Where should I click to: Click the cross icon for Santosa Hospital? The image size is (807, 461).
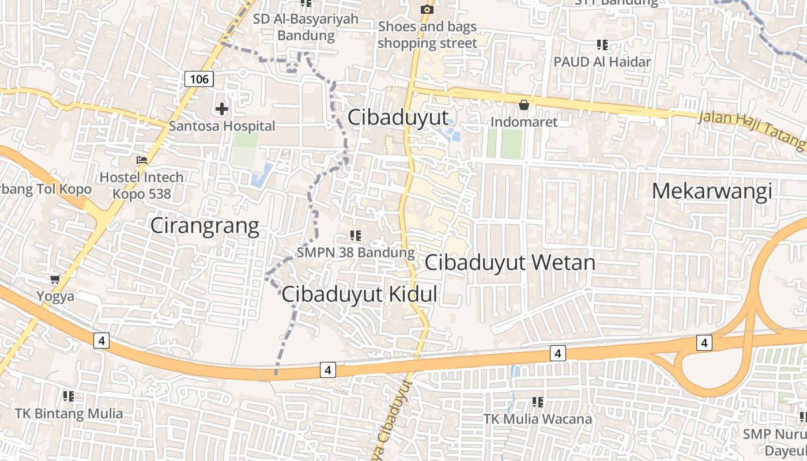(222, 108)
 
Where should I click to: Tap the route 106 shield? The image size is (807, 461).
(199, 78)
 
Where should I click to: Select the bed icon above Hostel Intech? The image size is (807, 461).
(142, 160)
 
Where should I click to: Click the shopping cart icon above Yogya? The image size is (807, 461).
(55, 279)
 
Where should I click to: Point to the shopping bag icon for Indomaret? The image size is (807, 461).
(524, 105)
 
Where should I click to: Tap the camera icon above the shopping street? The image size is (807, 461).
(427, 9)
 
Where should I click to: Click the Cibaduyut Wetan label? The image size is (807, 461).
(510, 263)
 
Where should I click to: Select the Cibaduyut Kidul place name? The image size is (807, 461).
(359, 294)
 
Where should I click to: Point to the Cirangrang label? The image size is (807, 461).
(205, 226)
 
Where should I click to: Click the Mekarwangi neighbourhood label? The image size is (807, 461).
(711, 191)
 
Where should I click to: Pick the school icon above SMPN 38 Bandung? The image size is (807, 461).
(356, 235)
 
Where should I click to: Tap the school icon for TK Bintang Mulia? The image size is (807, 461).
(69, 396)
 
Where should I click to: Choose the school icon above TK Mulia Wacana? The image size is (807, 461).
(538, 402)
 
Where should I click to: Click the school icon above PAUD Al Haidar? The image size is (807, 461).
(602, 44)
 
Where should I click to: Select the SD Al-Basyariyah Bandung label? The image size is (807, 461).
(306, 27)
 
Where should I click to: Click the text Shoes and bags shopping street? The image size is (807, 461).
(427, 35)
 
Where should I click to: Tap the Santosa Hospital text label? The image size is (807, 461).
(222, 126)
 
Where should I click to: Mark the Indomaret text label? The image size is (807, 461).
(524, 122)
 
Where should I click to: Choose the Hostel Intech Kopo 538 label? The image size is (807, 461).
(141, 185)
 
